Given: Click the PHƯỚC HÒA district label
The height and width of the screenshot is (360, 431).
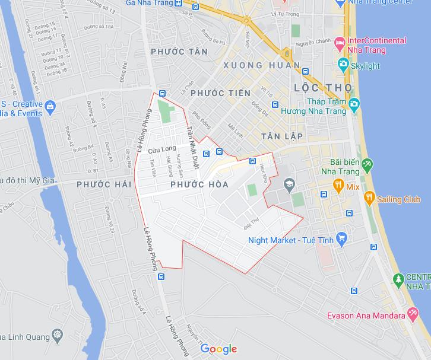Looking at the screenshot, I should tap(199, 185).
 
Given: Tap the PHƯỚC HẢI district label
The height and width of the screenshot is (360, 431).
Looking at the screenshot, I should tap(104, 185).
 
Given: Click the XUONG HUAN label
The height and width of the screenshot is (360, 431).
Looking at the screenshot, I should tap(261, 65).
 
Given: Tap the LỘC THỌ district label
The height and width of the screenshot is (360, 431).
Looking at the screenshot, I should tap(323, 88).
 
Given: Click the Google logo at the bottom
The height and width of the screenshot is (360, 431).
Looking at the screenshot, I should tap(218, 349).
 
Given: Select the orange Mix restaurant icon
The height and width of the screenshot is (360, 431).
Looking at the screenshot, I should tap(338, 185).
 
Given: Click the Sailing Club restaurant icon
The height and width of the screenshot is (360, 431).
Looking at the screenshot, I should tap(369, 199).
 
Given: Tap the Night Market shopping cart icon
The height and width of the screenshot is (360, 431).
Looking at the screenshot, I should tap(341, 239).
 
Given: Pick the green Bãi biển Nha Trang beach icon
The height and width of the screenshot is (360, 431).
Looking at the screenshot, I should tap(367, 163).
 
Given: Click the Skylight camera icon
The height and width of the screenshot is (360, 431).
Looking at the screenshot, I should tap(343, 65).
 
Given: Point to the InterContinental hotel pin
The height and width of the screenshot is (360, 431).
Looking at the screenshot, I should tap(340, 43).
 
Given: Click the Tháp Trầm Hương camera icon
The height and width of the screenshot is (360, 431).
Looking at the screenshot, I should tap(354, 106).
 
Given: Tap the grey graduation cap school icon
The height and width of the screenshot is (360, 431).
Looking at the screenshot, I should tap(289, 184).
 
